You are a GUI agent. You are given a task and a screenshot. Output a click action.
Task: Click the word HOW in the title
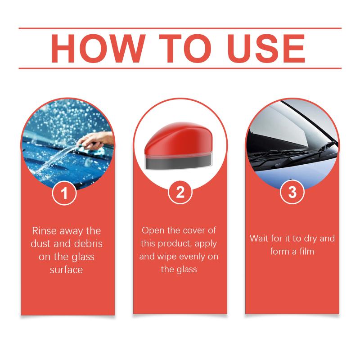[x=98, y=49]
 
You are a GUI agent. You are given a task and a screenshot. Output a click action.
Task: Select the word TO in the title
[x=185, y=49]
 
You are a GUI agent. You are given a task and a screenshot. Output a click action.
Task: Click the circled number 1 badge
[x=64, y=193]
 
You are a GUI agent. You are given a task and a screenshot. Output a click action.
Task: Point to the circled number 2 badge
[x=180, y=192]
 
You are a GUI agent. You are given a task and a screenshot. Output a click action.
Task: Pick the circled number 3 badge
[x=292, y=192]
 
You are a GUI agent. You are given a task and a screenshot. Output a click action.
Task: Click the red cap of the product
[x=179, y=139]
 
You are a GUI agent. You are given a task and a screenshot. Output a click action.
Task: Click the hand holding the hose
[x=96, y=140]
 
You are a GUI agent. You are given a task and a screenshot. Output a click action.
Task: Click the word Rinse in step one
[x=43, y=231]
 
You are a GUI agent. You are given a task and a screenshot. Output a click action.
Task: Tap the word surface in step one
[x=66, y=270]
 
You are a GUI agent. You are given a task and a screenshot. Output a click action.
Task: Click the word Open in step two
[x=153, y=230]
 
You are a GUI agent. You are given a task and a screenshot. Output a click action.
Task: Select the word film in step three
[x=306, y=252]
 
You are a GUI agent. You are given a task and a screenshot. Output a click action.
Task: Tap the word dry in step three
[x=310, y=239]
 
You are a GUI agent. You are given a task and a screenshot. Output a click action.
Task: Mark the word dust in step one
[x=40, y=243]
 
